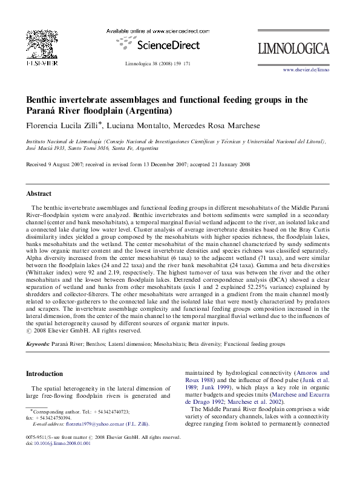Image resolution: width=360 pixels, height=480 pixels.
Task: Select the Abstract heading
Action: pyautogui.click(x=39, y=194)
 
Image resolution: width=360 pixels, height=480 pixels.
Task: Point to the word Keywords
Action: pyautogui.click(x=38, y=343)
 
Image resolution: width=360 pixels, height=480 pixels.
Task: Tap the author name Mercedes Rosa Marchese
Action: pyautogui.click(x=228, y=125)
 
